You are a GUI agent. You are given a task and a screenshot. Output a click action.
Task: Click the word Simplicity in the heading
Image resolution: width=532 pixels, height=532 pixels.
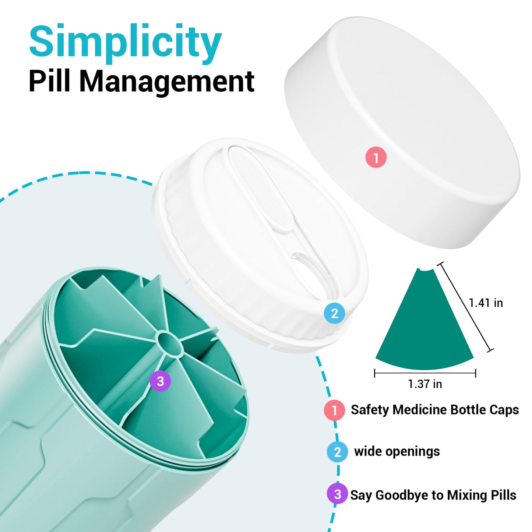coord(126,44)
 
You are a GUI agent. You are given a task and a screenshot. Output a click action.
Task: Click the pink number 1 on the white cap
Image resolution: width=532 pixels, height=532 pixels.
coord(376,157)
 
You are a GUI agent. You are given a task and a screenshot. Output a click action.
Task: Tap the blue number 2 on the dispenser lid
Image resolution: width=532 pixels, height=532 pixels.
coord(334,313)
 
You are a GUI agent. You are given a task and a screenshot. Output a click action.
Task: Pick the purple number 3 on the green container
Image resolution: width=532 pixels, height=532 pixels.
coord(160,381)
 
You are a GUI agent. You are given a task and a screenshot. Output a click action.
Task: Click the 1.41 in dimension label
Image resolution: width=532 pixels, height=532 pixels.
coord(486,303)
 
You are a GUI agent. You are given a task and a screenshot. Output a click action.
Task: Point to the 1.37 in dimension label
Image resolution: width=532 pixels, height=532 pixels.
coord(425,384)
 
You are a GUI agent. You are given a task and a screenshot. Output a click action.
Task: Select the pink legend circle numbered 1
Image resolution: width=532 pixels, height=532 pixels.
coord(334,410)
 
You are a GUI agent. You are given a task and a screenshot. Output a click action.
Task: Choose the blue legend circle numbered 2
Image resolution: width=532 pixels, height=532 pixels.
coord(337,452)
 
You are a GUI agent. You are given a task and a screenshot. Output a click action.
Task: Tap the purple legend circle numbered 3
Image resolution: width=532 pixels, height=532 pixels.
coord(337,494)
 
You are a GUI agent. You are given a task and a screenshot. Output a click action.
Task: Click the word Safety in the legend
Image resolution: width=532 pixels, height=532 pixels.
coord(370,410)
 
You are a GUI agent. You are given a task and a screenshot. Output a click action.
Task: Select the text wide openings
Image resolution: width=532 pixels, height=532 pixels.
coord(397,452)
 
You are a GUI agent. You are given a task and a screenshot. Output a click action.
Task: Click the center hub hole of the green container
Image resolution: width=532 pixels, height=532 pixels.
coord(169,341)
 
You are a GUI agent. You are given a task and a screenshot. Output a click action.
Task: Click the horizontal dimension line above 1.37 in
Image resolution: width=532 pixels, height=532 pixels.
coord(425,373)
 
